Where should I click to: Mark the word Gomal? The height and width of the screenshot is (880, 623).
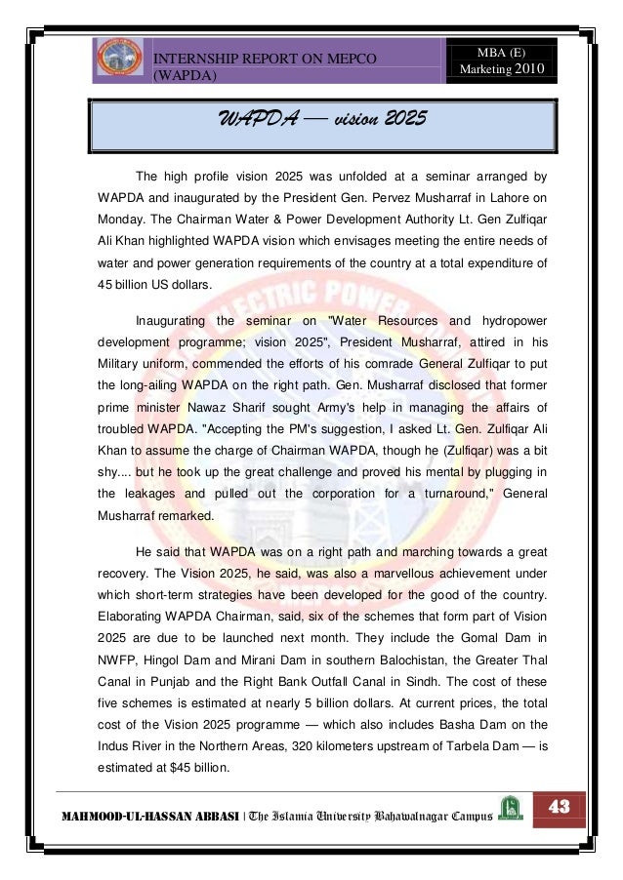496,639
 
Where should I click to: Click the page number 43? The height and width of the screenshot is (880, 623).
560,807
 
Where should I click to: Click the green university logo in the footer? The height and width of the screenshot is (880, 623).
510,808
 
